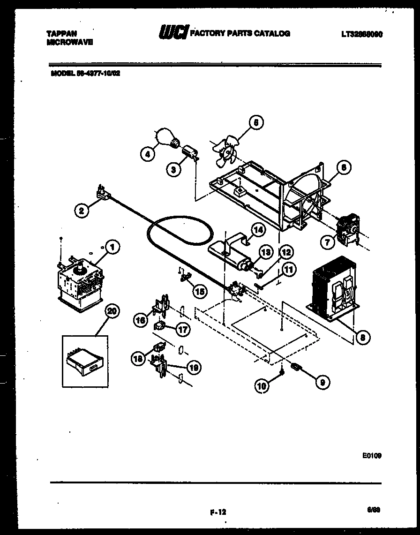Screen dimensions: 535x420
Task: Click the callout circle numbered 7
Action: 328,242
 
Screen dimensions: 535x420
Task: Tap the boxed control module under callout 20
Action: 85,361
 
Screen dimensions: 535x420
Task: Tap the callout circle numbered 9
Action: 322,382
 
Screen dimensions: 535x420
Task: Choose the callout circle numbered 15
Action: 200,291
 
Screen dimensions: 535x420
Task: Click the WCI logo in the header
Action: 174,33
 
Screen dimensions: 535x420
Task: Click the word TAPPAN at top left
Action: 62,33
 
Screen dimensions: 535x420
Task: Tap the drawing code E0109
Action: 372,454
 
